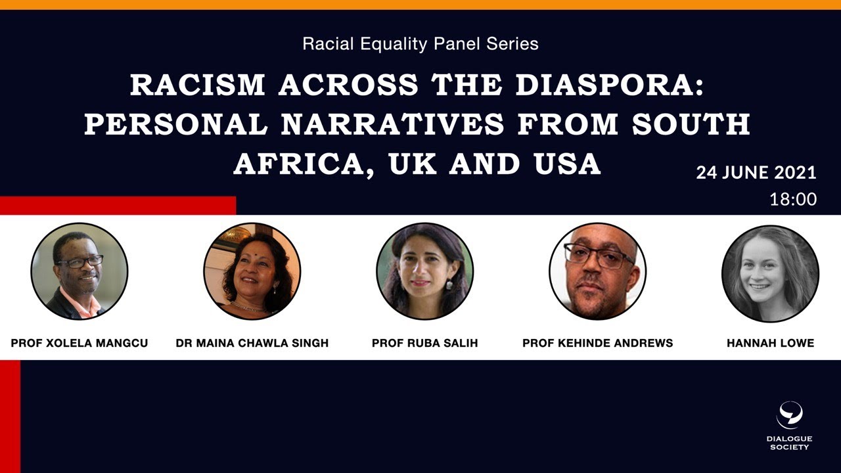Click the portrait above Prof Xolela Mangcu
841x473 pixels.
point(80,271)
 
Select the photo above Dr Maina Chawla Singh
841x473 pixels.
point(252,271)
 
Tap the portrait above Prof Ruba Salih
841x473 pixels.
point(424,271)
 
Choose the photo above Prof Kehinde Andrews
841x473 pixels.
point(597,271)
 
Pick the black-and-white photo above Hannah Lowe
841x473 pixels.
point(770,271)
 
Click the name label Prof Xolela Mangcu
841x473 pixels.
point(80,343)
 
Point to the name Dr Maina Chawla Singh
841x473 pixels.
point(252,343)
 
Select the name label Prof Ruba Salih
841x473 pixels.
point(424,343)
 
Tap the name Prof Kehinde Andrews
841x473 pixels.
point(597,343)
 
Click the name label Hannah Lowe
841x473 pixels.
point(770,343)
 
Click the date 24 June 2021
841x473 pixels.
point(756,173)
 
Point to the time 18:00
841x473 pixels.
point(793,199)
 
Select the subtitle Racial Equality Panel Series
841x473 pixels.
point(420,44)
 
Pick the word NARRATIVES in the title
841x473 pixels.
point(394,125)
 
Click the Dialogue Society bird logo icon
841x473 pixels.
point(790,415)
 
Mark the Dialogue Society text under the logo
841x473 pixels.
point(790,443)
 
